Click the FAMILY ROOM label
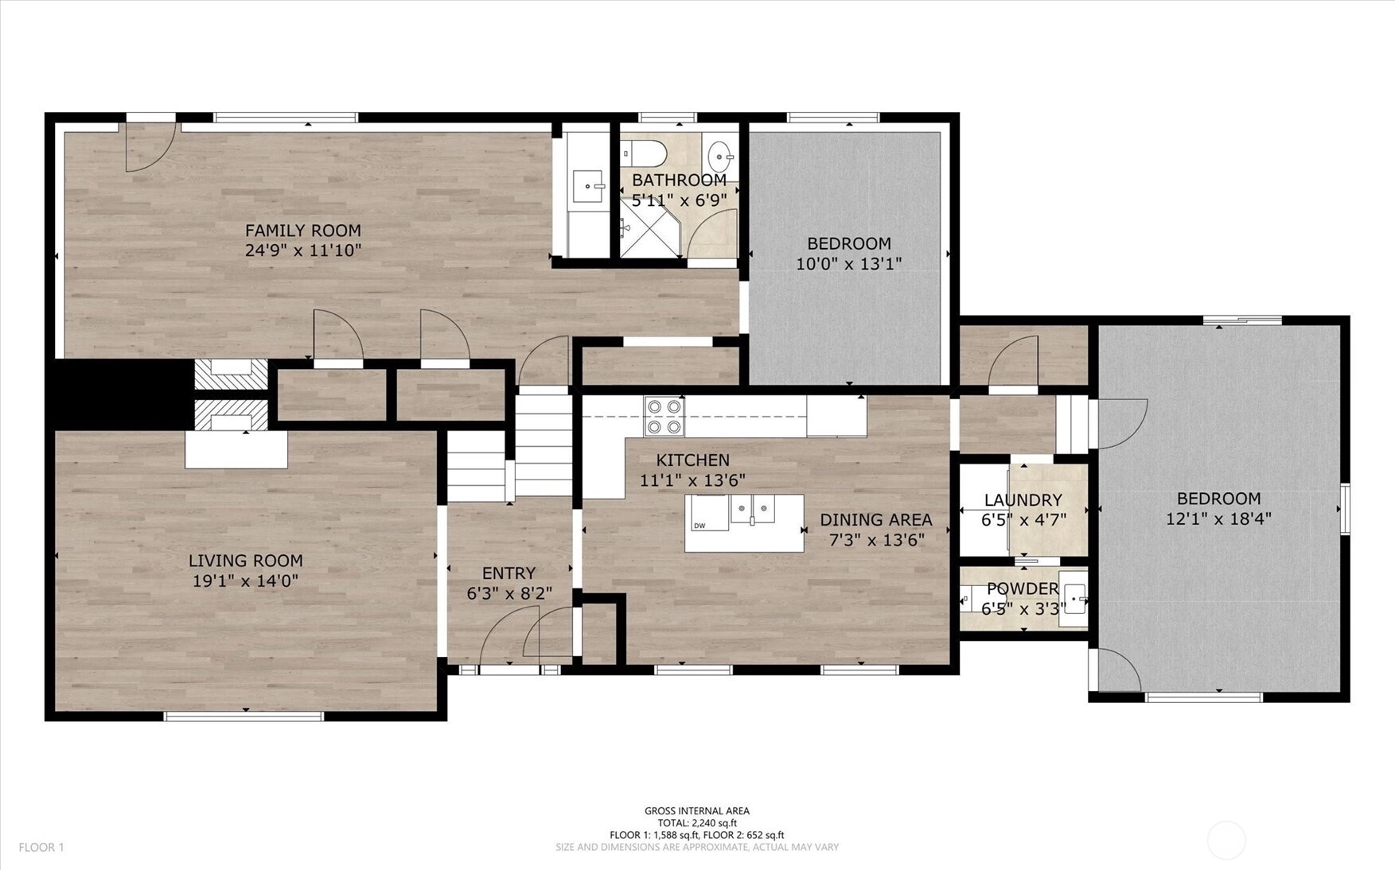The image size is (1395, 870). [x=302, y=231]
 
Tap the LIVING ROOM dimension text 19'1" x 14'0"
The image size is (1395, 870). [x=245, y=581]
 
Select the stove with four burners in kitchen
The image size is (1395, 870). [x=664, y=416]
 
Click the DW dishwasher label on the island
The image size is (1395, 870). [x=699, y=526]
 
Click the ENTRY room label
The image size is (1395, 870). [x=509, y=573]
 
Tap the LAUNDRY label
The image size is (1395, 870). [x=1023, y=500]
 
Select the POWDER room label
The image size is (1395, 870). [x=1023, y=588]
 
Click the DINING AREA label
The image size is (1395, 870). [x=876, y=520]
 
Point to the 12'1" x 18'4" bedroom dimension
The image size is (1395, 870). [x=1218, y=519]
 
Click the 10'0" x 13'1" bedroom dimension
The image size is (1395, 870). [x=849, y=263]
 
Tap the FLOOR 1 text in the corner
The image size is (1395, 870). [x=41, y=848]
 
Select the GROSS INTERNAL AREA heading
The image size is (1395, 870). [x=697, y=811]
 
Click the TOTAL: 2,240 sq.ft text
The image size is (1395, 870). [x=697, y=823]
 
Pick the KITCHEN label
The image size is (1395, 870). [x=692, y=460]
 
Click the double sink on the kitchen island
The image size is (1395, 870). [x=753, y=509]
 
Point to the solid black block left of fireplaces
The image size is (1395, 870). [x=119, y=394]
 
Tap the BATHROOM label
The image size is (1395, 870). [x=679, y=181]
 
